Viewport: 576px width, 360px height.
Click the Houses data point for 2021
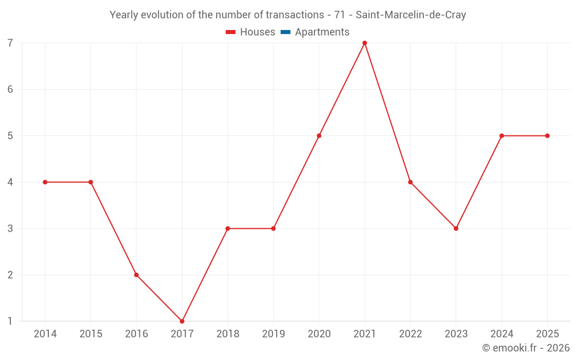click(365, 43)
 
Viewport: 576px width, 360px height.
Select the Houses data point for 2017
click(182, 321)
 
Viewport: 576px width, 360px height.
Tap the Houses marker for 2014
click(45, 182)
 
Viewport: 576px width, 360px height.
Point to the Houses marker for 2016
click(137, 275)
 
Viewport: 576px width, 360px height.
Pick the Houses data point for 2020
click(319, 136)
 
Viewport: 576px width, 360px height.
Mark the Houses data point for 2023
click(456, 229)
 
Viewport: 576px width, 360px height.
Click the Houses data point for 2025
click(547, 136)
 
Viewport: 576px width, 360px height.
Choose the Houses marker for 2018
click(228, 229)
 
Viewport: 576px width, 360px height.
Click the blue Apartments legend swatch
click(285, 32)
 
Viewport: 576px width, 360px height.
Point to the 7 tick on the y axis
click(10, 43)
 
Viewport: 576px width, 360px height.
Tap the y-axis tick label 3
click(10, 229)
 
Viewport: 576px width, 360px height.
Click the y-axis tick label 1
click(10, 321)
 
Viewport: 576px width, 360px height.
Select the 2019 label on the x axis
click(273, 334)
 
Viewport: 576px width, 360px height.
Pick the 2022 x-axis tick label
click(410, 334)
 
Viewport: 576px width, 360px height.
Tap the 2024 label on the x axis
click(502, 334)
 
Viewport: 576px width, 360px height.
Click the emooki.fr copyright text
click(526, 348)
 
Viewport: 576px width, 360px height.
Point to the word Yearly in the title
click(124, 15)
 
